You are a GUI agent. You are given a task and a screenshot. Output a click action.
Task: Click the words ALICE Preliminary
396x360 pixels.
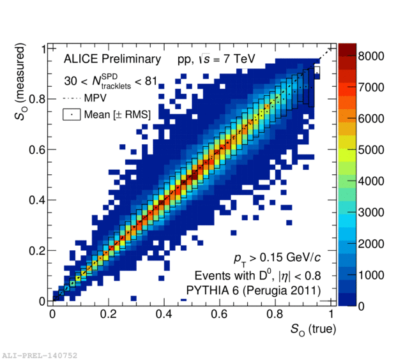tap(112, 59)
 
